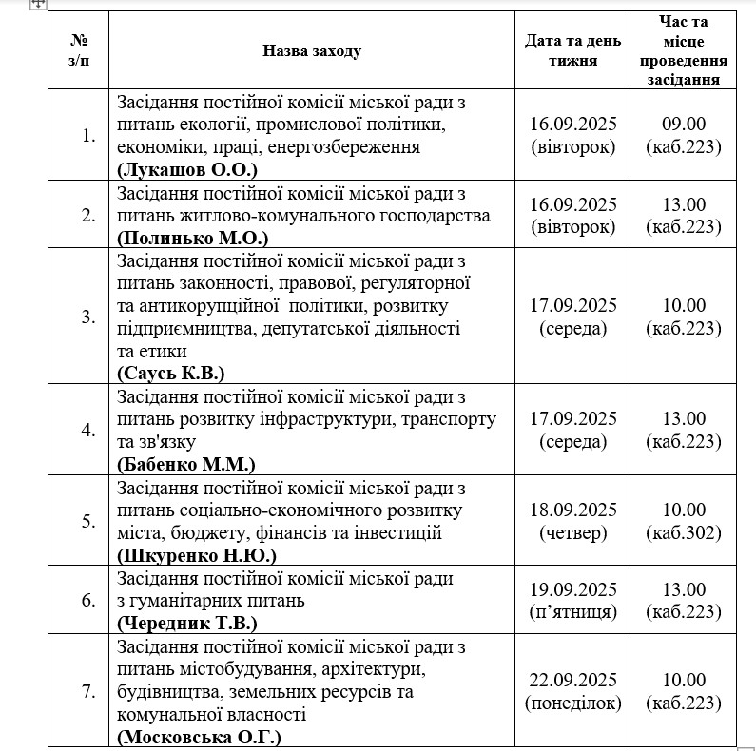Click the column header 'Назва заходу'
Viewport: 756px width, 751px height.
312,50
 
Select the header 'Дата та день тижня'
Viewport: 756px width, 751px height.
572,50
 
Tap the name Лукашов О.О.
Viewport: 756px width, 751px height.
187,169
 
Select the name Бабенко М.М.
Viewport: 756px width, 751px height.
186,464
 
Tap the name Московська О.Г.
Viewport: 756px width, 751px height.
199,737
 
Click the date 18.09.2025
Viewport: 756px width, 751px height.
572,510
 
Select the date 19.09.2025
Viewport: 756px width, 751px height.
572,589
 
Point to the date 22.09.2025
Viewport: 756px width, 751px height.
572,681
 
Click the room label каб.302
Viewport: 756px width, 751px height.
683,532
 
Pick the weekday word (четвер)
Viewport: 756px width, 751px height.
572,532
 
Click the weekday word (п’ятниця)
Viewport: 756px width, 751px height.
572,612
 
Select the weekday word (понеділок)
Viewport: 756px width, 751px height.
572,703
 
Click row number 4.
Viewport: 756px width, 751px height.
88,430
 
